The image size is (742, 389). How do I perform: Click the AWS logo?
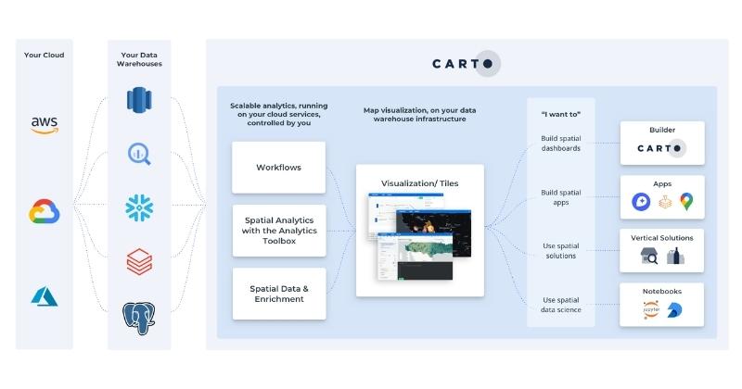click(x=45, y=124)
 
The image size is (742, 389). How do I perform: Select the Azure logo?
click(x=45, y=296)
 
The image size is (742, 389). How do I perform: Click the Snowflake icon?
click(x=139, y=207)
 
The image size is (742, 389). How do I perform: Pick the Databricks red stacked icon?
click(x=139, y=263)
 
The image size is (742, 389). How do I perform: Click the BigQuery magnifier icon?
click(x=139, y=154)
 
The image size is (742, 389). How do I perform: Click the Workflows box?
click(x=278, y=168)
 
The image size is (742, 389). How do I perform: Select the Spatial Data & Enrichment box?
click(x=278, y=294)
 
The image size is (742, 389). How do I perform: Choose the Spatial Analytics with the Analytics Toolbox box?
click(x=278, y=231)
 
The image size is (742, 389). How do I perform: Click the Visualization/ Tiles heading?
click(x=420, y=182)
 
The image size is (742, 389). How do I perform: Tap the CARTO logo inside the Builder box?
click(x=662, y=148)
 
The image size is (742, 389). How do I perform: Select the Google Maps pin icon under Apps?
click(x=686, y=201)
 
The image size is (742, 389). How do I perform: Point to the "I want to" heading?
click(x=560, y=114)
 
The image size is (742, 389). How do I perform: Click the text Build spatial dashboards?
click(x=561, y=144)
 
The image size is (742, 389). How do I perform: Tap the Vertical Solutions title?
click(x=662, y=238)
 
